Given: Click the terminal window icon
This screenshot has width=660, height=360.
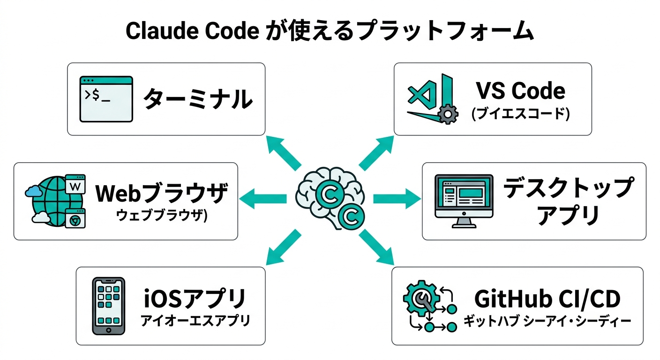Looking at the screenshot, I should point(106,99).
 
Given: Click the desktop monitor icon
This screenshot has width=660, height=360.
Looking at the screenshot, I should point(464,201).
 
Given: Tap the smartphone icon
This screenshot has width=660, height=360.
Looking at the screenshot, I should point(108,306).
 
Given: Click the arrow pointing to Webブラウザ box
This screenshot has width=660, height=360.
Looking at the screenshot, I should point(263,199).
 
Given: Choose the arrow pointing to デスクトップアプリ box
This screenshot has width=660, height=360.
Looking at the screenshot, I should point(397,199).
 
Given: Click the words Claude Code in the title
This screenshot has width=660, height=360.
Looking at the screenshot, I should point(192,32).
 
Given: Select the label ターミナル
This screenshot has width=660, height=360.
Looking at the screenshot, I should point(197,99).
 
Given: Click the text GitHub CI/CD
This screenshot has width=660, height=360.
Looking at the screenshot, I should point(547,299).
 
